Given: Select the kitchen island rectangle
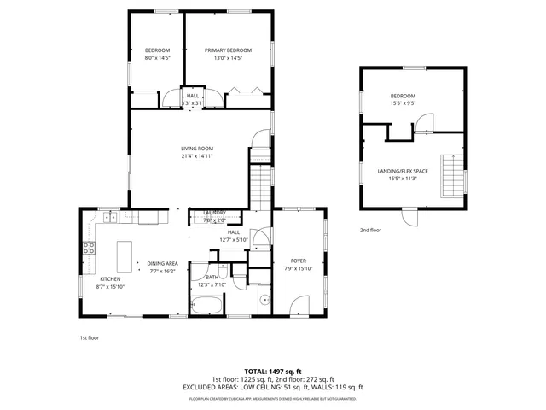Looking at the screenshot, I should tap(125, 253).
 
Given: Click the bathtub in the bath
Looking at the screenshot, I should tap(207, 306).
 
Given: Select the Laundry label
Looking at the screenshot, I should tap(214, 213).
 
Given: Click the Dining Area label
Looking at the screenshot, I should tap(161, 263).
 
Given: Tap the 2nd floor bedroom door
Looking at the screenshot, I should tap(425, 124).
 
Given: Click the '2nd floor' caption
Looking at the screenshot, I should tap(370, 231).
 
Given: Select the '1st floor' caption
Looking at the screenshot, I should tap(90, 338).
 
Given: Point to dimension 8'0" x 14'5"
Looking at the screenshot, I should tap(157, 58).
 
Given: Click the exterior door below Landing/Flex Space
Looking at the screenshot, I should tap(413, 217).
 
